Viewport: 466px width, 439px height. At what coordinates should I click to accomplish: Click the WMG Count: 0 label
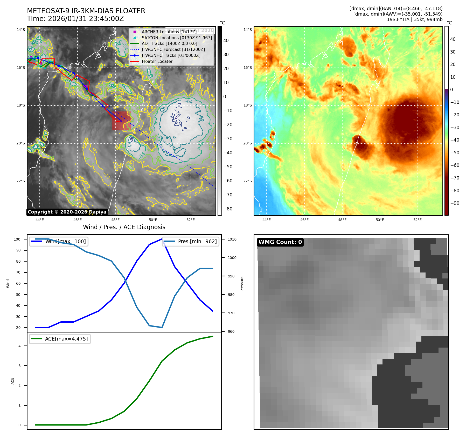(x=280, y=242)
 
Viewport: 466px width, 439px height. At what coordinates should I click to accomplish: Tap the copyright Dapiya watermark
(x=67, y=212)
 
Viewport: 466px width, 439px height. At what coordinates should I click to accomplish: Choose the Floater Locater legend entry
(x=157, y=62)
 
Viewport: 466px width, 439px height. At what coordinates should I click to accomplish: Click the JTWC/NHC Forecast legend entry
(x=173, y=50)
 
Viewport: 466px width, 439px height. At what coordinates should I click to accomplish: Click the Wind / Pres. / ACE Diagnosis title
(x=124, y=227)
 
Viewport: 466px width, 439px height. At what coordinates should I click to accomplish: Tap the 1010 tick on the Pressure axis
(x=232, y=239)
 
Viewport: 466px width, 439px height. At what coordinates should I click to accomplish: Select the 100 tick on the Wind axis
(x=17, y=239)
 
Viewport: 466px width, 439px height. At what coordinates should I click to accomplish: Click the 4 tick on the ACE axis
(x=19, y=346)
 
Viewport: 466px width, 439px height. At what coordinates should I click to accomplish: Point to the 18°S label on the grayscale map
(x=21, y=105)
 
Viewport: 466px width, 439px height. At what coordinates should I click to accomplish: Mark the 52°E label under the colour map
(x=418, y=220)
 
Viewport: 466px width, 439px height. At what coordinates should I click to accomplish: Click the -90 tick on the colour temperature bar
(x=455, y=203)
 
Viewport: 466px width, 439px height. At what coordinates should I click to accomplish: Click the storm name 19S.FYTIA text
(x=398, y=19)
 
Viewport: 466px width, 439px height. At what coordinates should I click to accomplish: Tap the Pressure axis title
(x=242, y=284)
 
